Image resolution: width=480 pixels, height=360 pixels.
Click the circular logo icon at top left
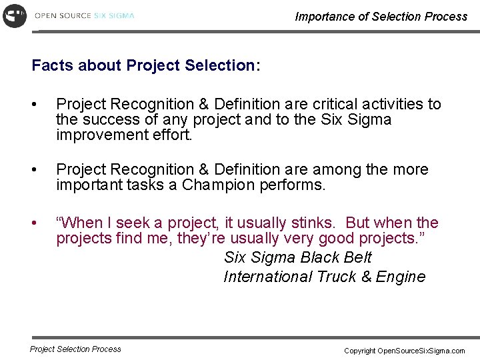(15, 15)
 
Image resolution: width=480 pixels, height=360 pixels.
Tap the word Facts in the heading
(53, 65)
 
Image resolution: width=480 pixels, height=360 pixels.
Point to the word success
(107, 120)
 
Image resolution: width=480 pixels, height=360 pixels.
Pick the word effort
(176, 135)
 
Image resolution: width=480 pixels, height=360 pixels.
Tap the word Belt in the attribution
(357, 257)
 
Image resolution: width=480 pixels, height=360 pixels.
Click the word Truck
(337, 277)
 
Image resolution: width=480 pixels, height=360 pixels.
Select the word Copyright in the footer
(360, 351)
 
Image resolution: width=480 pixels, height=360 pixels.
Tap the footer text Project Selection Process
(75, 349)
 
